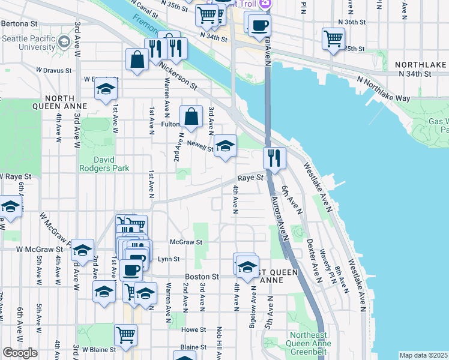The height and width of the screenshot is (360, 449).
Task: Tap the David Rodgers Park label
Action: click(104, 164)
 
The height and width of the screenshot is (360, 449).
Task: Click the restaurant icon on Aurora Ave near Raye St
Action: click(274, 158)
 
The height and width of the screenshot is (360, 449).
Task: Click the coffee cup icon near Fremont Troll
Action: click(259, 26)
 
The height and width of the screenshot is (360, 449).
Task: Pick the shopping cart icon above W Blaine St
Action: click(125, 334)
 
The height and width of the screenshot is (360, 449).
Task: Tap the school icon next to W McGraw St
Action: click(83, 250)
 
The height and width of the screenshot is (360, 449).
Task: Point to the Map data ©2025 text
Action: click(423, 355)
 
